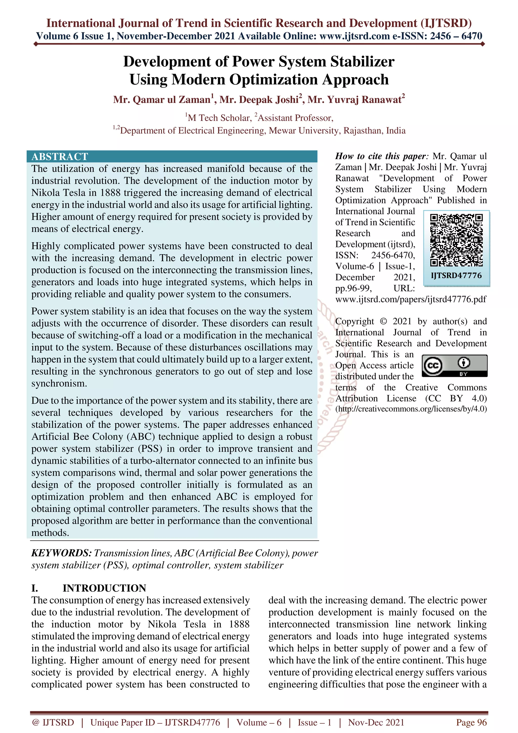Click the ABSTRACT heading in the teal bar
(60, 156)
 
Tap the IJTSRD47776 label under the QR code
(456, 275)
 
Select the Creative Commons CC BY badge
(455, 366)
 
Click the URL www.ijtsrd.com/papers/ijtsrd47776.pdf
(411, 299)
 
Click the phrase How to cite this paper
(380, 156)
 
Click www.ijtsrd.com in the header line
(354, 36)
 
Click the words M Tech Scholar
(219, 118)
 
